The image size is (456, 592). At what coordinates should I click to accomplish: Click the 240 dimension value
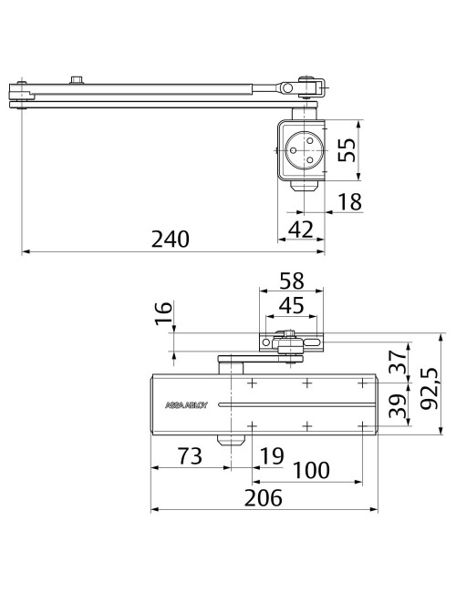coord(170,239)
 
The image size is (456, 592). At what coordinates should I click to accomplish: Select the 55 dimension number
coord(347,149)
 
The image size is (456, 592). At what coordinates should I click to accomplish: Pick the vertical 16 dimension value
coord(163,316)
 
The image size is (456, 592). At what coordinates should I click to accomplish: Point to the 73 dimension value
coord(189,457)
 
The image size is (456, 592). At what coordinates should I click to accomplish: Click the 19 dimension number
coord(272,457)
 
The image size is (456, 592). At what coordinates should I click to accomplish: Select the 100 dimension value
coord(310,471)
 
